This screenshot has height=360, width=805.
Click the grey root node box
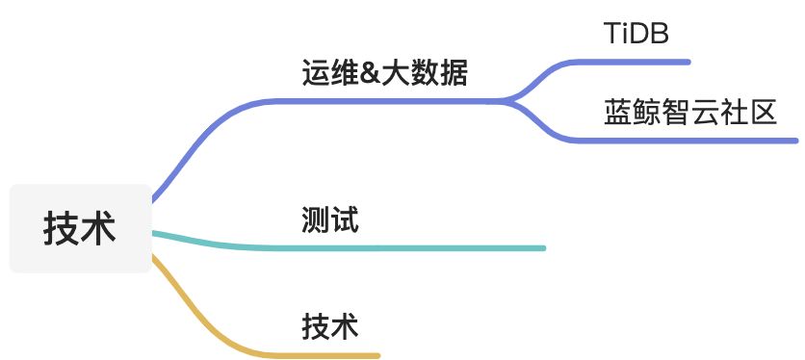(x=80, y=228)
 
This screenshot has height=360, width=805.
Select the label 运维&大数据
(x=384, y=72)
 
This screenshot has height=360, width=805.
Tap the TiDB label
(x=636, y=34)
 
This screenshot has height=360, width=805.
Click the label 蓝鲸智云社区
(x=690, y=112)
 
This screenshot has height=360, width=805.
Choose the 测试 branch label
(x=329, y=220)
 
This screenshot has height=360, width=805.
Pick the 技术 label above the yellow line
(x=329, y=325)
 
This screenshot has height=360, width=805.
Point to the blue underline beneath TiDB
(x=636, y=62)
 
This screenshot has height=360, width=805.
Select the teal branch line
(x=404, y=247)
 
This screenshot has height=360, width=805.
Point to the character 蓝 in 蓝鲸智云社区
(x=618, y=112)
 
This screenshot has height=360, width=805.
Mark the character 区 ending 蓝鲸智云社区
(x=764, y=112)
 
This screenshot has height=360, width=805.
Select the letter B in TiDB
(x=660, y=34)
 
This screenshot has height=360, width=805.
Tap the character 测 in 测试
(x=315, y=220)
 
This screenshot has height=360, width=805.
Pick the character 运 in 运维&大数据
(x=315, y=72)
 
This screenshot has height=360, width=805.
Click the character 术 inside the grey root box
(x=98, y=229)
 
